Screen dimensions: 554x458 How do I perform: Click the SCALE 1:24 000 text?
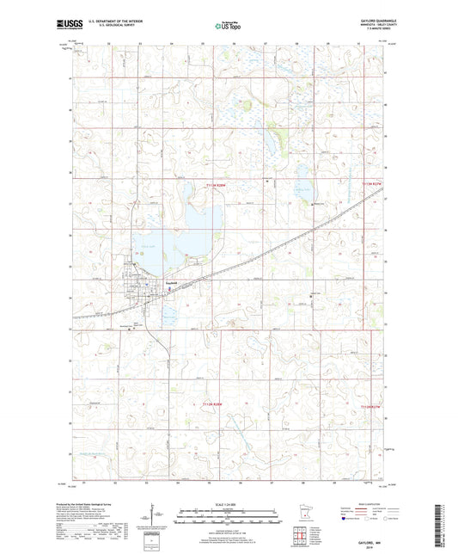coord(228,503)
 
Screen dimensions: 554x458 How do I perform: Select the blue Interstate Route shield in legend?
coord(348,520)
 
